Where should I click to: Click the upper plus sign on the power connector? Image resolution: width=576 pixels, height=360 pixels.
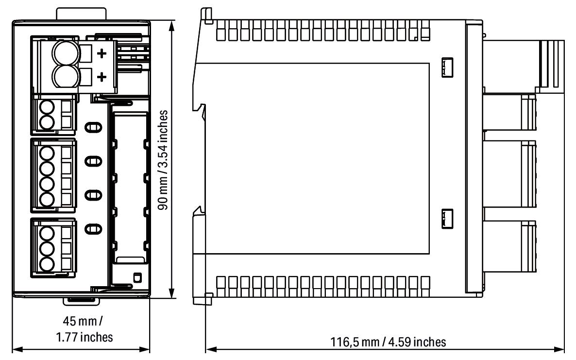point(102,54)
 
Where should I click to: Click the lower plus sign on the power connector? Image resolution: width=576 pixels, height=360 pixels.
point(102,77)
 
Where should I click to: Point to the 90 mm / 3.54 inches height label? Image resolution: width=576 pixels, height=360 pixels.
point(165,159)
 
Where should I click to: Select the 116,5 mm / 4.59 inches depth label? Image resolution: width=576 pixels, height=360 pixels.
point(387,342)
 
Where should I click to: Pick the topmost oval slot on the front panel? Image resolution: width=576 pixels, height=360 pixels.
point(94,128)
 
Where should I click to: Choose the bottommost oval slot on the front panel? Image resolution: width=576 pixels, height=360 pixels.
point(94,228)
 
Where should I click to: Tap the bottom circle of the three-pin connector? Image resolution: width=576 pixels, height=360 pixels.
point(47,264)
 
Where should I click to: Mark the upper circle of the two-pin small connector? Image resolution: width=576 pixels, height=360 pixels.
point(47,107)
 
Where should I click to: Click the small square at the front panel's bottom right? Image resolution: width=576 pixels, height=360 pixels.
point(137,277)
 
